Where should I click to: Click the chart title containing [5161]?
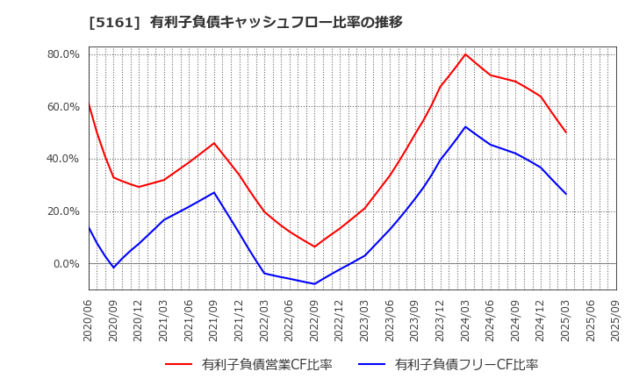pos(245,22)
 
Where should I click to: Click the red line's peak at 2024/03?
pos(465,54)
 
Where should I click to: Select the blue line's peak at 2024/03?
pos(465,126)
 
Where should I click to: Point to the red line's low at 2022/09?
pos(314,247)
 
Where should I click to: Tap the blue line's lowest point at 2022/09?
pos(314,283)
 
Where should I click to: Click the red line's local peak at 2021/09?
pos(214,143)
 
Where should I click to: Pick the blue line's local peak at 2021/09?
pos(214,192)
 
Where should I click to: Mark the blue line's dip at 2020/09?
pos(113,268)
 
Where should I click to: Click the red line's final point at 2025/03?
pos(566,132)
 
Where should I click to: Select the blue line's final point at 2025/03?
pos(566,194)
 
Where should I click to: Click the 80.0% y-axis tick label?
pos(63,54)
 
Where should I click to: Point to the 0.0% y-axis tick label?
pos(67,264)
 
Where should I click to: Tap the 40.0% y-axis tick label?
pos(63,159)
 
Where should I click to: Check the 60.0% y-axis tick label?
pos(63,107)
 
